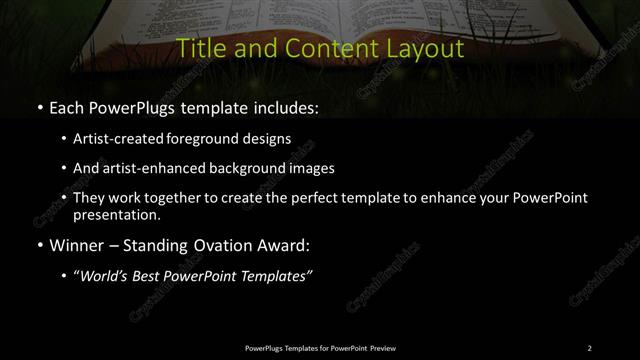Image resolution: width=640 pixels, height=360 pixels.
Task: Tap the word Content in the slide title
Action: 317,48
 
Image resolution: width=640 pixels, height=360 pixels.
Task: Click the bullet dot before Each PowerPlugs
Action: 39,107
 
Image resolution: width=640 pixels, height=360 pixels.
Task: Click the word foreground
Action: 217,140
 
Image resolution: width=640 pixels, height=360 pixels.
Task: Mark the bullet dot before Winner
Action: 39,244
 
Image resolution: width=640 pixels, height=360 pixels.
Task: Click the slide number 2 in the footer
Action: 589,348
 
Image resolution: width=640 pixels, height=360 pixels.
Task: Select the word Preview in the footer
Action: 383,348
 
